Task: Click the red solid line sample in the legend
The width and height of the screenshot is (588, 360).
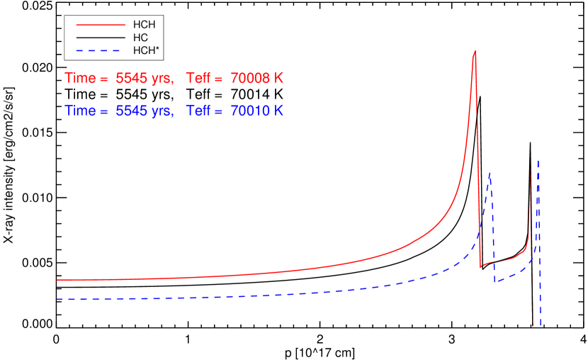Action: pyautogui.click(x=101, y=26)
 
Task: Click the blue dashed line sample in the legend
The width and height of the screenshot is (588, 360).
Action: pyautogui.click(x=98, y=51)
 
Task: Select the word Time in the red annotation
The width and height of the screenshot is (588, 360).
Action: pyautogui.click(x=80, y=79)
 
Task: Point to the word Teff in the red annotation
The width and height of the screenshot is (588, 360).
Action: pyautogui.click(x=198, y=79)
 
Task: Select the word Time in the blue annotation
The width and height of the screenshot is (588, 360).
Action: pyautogui.click(x=80, y=111)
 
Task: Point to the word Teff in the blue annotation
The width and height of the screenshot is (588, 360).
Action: pyautogui.click(x=198, y=111)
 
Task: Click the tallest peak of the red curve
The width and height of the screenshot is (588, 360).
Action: pyautogui.click(x=474, y=52)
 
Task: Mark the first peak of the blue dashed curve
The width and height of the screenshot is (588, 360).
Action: pyautogui.click(x=490, y=173)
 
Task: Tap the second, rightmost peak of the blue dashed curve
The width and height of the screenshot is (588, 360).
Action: pyautogui.click(x=539, y=160)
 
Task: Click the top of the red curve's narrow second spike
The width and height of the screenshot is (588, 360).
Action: pyautogui.click(x=531, y=171)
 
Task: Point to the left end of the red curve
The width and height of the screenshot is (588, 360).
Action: pyautogui.click(x=57, y=280)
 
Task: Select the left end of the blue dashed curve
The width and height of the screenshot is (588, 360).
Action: pyautogui.click(x=57, y=299)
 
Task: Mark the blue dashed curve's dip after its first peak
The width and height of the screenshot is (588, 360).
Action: pyautogui.click(x=495, y=282)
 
